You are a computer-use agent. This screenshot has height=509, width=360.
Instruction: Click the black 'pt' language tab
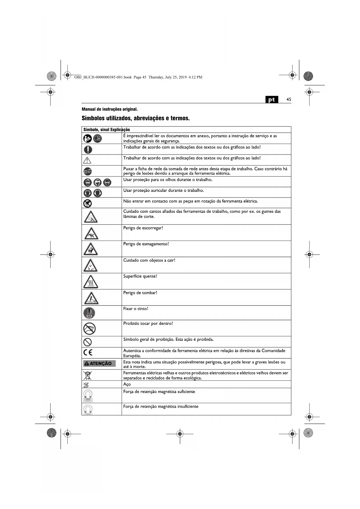click(x=272, y=100)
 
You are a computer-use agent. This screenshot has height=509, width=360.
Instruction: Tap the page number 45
click(x=289, y=99)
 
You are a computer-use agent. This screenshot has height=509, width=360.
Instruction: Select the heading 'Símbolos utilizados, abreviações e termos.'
click(x=135, y=118)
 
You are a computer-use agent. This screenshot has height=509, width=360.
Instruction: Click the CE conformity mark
click(x=88, y=353)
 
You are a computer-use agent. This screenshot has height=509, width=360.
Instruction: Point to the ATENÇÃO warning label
click(x=99, y=363)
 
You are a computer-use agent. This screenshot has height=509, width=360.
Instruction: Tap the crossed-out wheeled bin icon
click(x=87, y=375)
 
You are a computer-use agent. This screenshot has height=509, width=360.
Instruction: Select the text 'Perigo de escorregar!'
click(x=143, y=228)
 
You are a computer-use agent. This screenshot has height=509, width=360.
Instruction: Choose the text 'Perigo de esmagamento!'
click(x=146, y=244)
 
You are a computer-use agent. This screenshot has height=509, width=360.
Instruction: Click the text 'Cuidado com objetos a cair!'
click(x=149, y=260)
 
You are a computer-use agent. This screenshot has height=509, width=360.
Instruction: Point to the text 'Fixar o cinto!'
click(x=135, y=309)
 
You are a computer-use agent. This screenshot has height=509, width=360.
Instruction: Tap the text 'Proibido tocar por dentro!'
click(x=148, y=324)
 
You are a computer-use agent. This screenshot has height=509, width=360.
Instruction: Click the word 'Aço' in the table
click(x=127, y=384)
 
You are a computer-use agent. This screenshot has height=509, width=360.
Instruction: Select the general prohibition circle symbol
click(x=88, y=342)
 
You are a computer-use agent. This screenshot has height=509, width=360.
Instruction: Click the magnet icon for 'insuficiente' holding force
click(x=88, y=409)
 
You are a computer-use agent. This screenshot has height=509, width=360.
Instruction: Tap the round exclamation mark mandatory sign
click(x=88, y=149)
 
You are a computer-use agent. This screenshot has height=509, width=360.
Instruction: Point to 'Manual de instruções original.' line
click(x=110, y=109)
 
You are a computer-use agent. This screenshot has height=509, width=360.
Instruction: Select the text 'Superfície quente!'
click(x=140, y=276)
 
